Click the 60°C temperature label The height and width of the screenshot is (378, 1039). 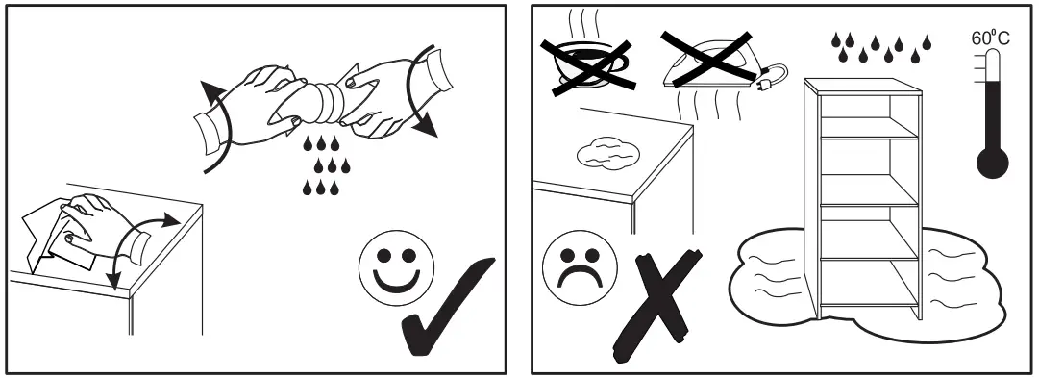pos(990,38)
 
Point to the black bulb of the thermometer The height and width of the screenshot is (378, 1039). pos(993,162)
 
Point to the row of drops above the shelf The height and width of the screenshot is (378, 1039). pos(881,43)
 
